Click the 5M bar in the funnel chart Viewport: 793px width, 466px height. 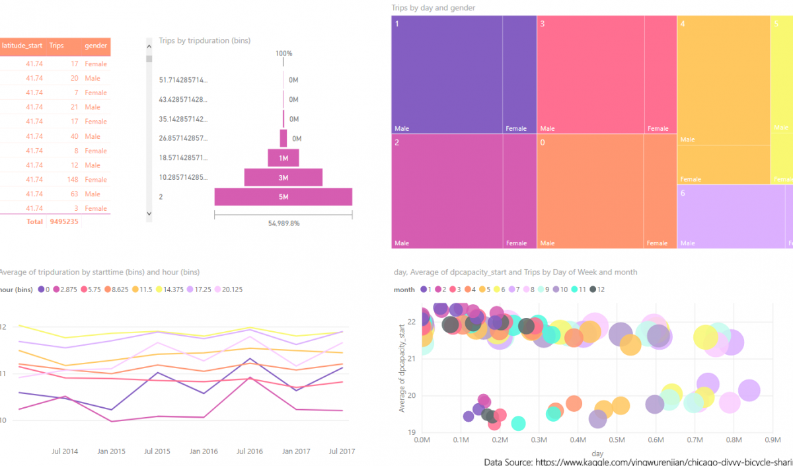[x=283, y=197]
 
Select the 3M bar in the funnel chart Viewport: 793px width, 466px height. [x=283, y=177]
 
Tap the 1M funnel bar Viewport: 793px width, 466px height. [x=283, y=158]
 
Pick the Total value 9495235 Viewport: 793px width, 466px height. [x=64, y=222]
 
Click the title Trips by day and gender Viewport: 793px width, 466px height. [x=434, y=8]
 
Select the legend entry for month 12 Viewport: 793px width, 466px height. [x=596, y=290]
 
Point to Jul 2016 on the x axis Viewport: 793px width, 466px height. [x=249, y=451]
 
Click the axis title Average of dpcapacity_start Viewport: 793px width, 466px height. [x=402, y=368]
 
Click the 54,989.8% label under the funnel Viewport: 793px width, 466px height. [x=283, y=223]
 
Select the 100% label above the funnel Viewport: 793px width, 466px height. [x=283, y=54]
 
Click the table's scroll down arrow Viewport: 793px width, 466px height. [x=149, y=214]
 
